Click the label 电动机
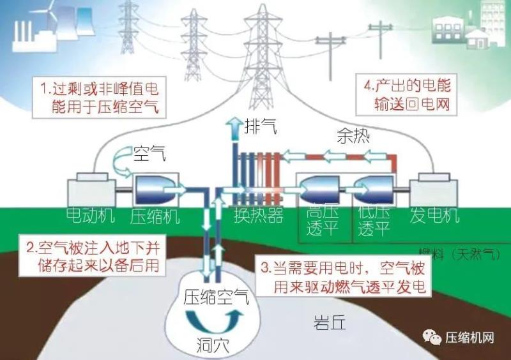91,216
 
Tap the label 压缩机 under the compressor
155,216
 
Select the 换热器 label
258,216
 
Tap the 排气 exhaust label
261,126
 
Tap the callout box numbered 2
91,254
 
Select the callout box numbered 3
343,277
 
